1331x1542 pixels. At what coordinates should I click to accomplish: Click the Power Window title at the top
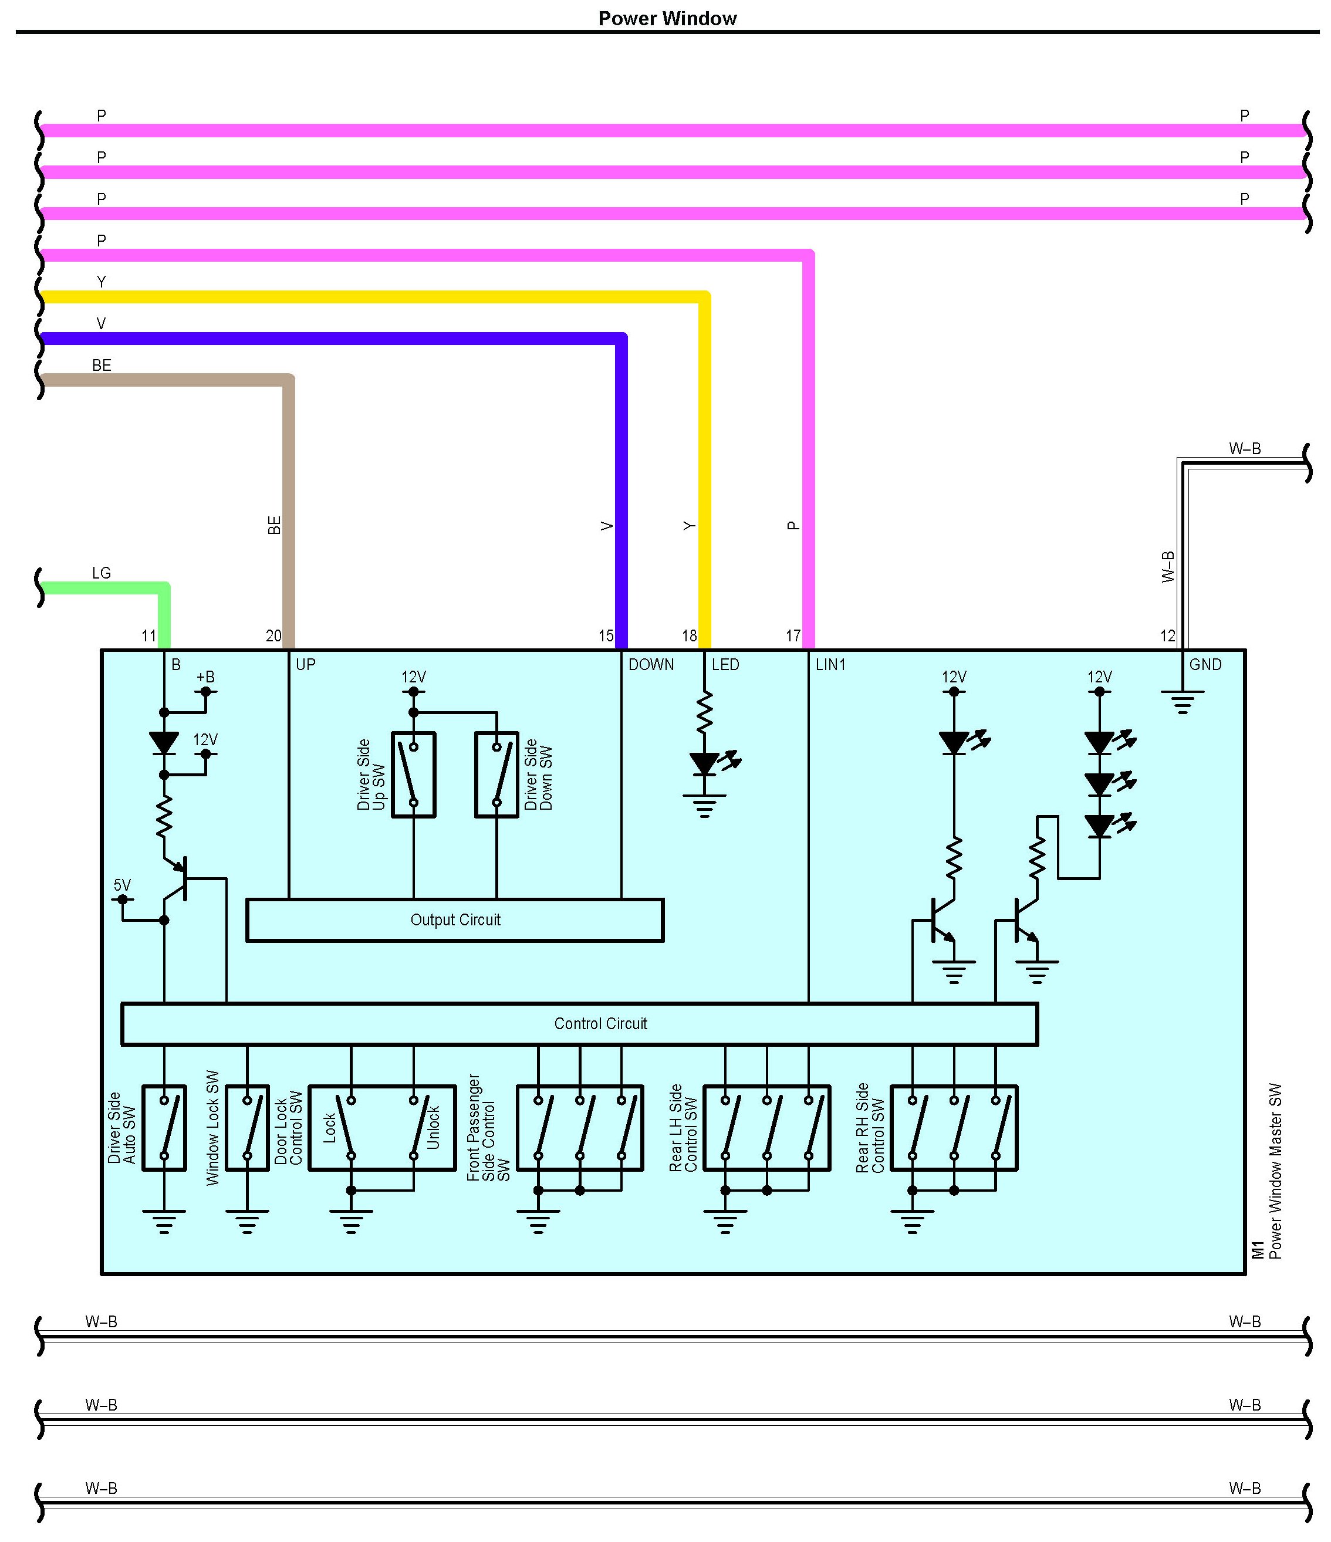(667, 19)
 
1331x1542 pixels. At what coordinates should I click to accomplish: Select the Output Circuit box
(455, 921)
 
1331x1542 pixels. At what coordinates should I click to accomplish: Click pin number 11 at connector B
(149, 636)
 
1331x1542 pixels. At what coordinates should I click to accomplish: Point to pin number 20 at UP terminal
(274, 636)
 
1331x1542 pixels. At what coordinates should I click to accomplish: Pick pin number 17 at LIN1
(793, 636)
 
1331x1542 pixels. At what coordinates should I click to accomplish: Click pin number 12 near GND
(1168, 636)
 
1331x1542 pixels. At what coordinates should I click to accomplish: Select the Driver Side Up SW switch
(414, 775)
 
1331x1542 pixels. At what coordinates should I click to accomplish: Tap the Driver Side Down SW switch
(496, 775)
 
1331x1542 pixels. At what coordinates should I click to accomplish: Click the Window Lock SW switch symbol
(247, 1128)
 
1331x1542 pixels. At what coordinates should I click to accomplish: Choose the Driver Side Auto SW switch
(164, 1128)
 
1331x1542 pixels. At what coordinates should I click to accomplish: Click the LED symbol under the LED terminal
(705, 763)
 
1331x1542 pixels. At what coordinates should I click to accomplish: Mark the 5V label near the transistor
(122, 885)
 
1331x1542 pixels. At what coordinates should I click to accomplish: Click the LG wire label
(102, 573)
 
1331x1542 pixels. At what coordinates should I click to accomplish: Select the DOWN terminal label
(651, 665)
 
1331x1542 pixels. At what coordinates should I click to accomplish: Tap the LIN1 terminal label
(831, 665)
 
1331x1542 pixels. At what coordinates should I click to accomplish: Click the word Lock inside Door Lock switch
(330, 1128)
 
